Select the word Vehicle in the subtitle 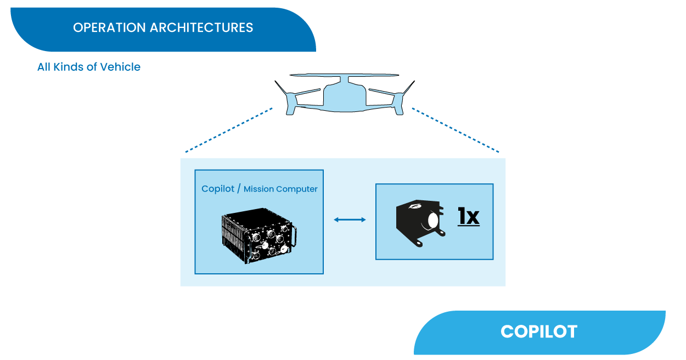coord(120,67)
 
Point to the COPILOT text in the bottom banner coord(539,331)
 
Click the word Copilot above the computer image coord(217,189)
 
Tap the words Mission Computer coord(280,189)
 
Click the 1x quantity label coord(469,216)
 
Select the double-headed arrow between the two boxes coord(350,220)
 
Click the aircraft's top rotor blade coord(345,75)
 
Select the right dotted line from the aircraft coord(456,130)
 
